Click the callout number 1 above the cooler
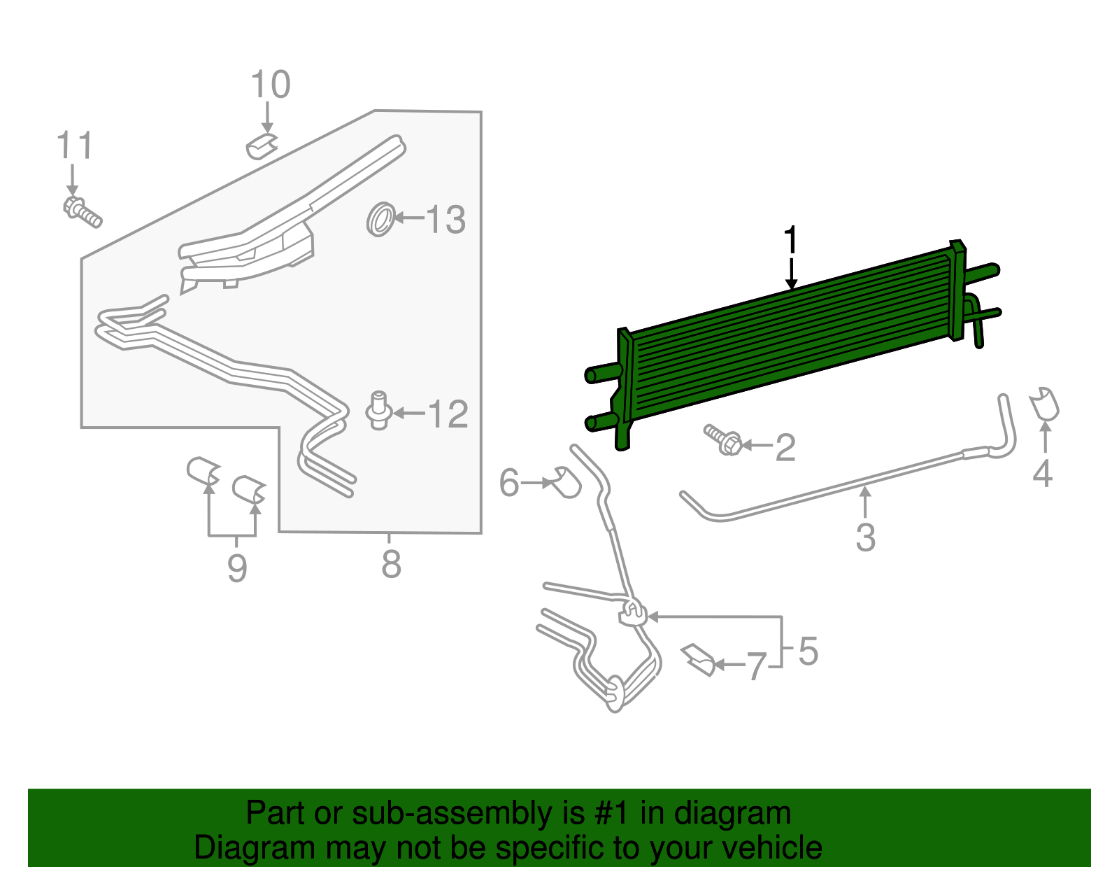pos(790,240)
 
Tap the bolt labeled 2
pos(723,439)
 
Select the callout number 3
pos(866,537)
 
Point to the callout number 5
pos(808,651)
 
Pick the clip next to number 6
pos(566,482)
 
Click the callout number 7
pos(755,666)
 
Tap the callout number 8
pos(391,564)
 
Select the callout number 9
pos(237,568)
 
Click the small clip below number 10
pos(262,146)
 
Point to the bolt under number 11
pos(83,211)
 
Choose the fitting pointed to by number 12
pos(379,411)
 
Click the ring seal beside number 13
pos(381,220)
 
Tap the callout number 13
pos(446,220)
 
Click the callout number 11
pos(75,146)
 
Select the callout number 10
pos(271,85)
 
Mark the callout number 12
pos(448,414)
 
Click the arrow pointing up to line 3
pos(865,502)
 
